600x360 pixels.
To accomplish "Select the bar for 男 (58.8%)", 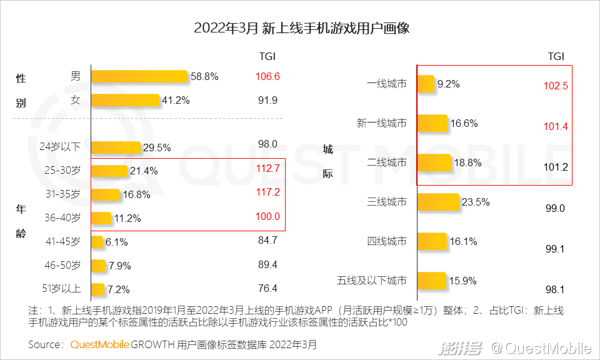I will tap(139, 76).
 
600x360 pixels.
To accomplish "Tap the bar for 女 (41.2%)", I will tap(125, 100).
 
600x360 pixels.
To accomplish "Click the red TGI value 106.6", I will tap(267, 77).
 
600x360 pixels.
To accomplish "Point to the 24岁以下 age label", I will tap(60, 147).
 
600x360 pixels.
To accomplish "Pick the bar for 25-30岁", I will tap(109, 171).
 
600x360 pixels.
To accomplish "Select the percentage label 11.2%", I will tap(127, 219).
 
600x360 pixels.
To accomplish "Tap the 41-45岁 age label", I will tap(62, 241).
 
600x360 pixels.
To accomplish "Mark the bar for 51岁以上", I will tap(97, 289).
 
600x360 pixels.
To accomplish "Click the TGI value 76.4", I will tap(267, 289).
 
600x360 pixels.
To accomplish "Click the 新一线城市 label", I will tap(381, 123).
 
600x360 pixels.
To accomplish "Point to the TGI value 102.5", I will tap(555, 86).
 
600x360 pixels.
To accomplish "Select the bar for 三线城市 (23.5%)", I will tap(437, 202).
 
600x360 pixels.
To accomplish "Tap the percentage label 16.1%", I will tap(464, 241).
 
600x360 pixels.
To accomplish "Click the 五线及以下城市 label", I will tap(372, 281).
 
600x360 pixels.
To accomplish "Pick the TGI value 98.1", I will tap(555, 289).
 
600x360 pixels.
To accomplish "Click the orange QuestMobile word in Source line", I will tap(99, 344).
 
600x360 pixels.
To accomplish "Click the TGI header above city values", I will tap(556, 56).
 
